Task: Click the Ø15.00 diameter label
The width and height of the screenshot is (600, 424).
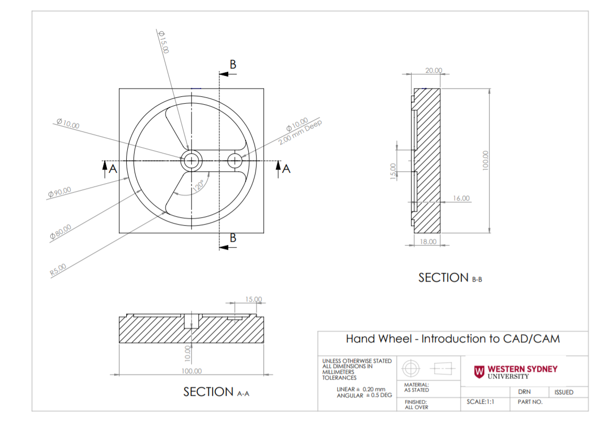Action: pos(164,42)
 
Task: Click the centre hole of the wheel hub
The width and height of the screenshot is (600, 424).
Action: pos(192,161)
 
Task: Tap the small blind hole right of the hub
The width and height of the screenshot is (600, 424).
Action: pos(235,160)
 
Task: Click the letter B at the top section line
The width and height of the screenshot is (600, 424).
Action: pos(233,65)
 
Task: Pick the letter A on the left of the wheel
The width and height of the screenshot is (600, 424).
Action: pos(111,169)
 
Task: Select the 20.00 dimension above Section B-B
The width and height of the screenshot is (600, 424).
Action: pos(434,71)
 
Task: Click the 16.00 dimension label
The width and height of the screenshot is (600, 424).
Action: pos(461,198)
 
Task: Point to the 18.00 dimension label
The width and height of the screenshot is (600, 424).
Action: pos(429,241)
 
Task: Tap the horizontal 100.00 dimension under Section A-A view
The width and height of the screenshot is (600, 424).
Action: pos(191,371)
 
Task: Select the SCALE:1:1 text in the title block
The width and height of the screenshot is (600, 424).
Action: pos(480,402)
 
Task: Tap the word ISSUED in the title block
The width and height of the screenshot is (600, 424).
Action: pos(563,392)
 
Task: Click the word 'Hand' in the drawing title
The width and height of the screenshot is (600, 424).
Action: pos(360,339)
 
